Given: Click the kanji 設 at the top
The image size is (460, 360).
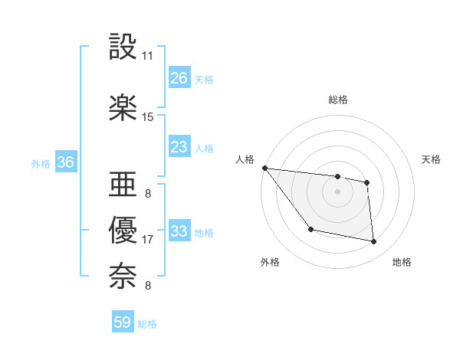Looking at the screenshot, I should point(123,47).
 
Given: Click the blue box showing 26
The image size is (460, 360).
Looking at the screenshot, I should point(179,77).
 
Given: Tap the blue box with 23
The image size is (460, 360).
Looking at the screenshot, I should point(179,147).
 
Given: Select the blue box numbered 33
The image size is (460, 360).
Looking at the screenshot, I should point(179,231).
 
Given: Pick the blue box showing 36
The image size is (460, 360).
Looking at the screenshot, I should point(65,162).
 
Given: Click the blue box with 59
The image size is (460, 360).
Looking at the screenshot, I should point(123,322).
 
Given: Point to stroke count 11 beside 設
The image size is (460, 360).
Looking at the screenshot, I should point(148,56).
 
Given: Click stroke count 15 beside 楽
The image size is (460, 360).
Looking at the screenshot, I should point(148,117).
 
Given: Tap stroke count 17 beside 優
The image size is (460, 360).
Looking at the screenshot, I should point(148,240).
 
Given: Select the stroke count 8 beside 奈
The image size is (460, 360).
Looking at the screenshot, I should point(147,286).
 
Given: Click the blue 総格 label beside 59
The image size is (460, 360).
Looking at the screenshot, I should point(147,324).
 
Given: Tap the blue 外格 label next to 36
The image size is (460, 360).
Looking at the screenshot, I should point(41,163).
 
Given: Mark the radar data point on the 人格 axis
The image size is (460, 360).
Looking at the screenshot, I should point(264,168).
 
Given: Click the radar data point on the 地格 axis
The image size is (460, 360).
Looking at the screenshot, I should point(374,242).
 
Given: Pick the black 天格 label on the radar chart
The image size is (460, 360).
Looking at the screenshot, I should point(432,159).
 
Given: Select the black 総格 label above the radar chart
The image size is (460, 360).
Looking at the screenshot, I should point(338,100).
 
